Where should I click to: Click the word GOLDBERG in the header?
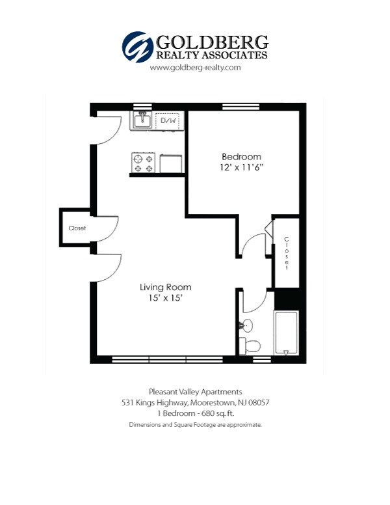coord(211,42)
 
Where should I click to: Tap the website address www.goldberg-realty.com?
coord(195,68)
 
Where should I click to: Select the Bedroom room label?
coord(242,157)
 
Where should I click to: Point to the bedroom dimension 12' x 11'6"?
coord(242,167)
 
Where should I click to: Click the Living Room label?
coord(165,287)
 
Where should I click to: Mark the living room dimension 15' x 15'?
coord(165,298)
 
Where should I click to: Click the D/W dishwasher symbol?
coord(168,121)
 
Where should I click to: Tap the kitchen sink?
coord(142,120)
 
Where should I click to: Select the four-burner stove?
coord(143,163)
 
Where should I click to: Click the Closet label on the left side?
coord(77,228)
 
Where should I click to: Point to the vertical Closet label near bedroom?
coord(286,254)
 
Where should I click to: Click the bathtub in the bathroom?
coord(286,334)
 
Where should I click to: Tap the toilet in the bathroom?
coord(250,345)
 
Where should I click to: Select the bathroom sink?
coord(246,325)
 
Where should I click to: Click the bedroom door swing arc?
coord(250,244)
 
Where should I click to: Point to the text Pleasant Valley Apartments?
coord(195,392)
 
